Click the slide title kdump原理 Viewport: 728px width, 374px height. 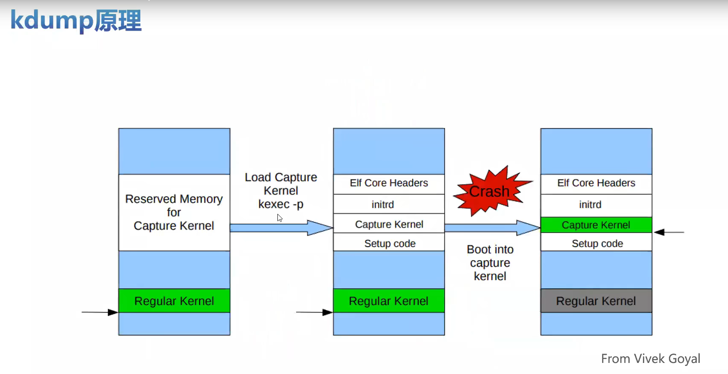coord(76,20)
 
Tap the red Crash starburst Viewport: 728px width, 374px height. coord(489,191)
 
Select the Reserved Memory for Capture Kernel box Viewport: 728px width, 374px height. coord(174,212)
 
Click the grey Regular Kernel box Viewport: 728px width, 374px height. coord(596,301)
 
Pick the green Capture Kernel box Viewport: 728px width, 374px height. coord(596,225)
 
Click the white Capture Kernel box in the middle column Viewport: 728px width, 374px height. coord(389,224)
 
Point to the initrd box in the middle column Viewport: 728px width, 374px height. coord(389,204)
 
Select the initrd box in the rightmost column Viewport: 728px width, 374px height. coord(596,204)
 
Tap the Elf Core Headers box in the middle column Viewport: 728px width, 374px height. coord(389,183)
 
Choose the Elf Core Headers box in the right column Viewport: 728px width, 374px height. coord(596,183)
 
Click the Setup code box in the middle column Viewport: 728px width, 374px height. coord(389,243)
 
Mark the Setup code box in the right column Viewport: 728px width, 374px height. coord(596,243)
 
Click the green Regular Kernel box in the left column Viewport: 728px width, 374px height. coord(174,301)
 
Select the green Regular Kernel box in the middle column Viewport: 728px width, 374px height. coord(389,301)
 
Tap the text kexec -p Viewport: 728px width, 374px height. coord(281,204)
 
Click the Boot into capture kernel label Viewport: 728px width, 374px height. coord(490,262)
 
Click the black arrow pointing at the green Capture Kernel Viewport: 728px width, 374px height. coord(669,232)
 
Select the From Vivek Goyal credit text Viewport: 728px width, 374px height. coord(650,359)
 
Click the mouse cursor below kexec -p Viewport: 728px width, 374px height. coord(280,218)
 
